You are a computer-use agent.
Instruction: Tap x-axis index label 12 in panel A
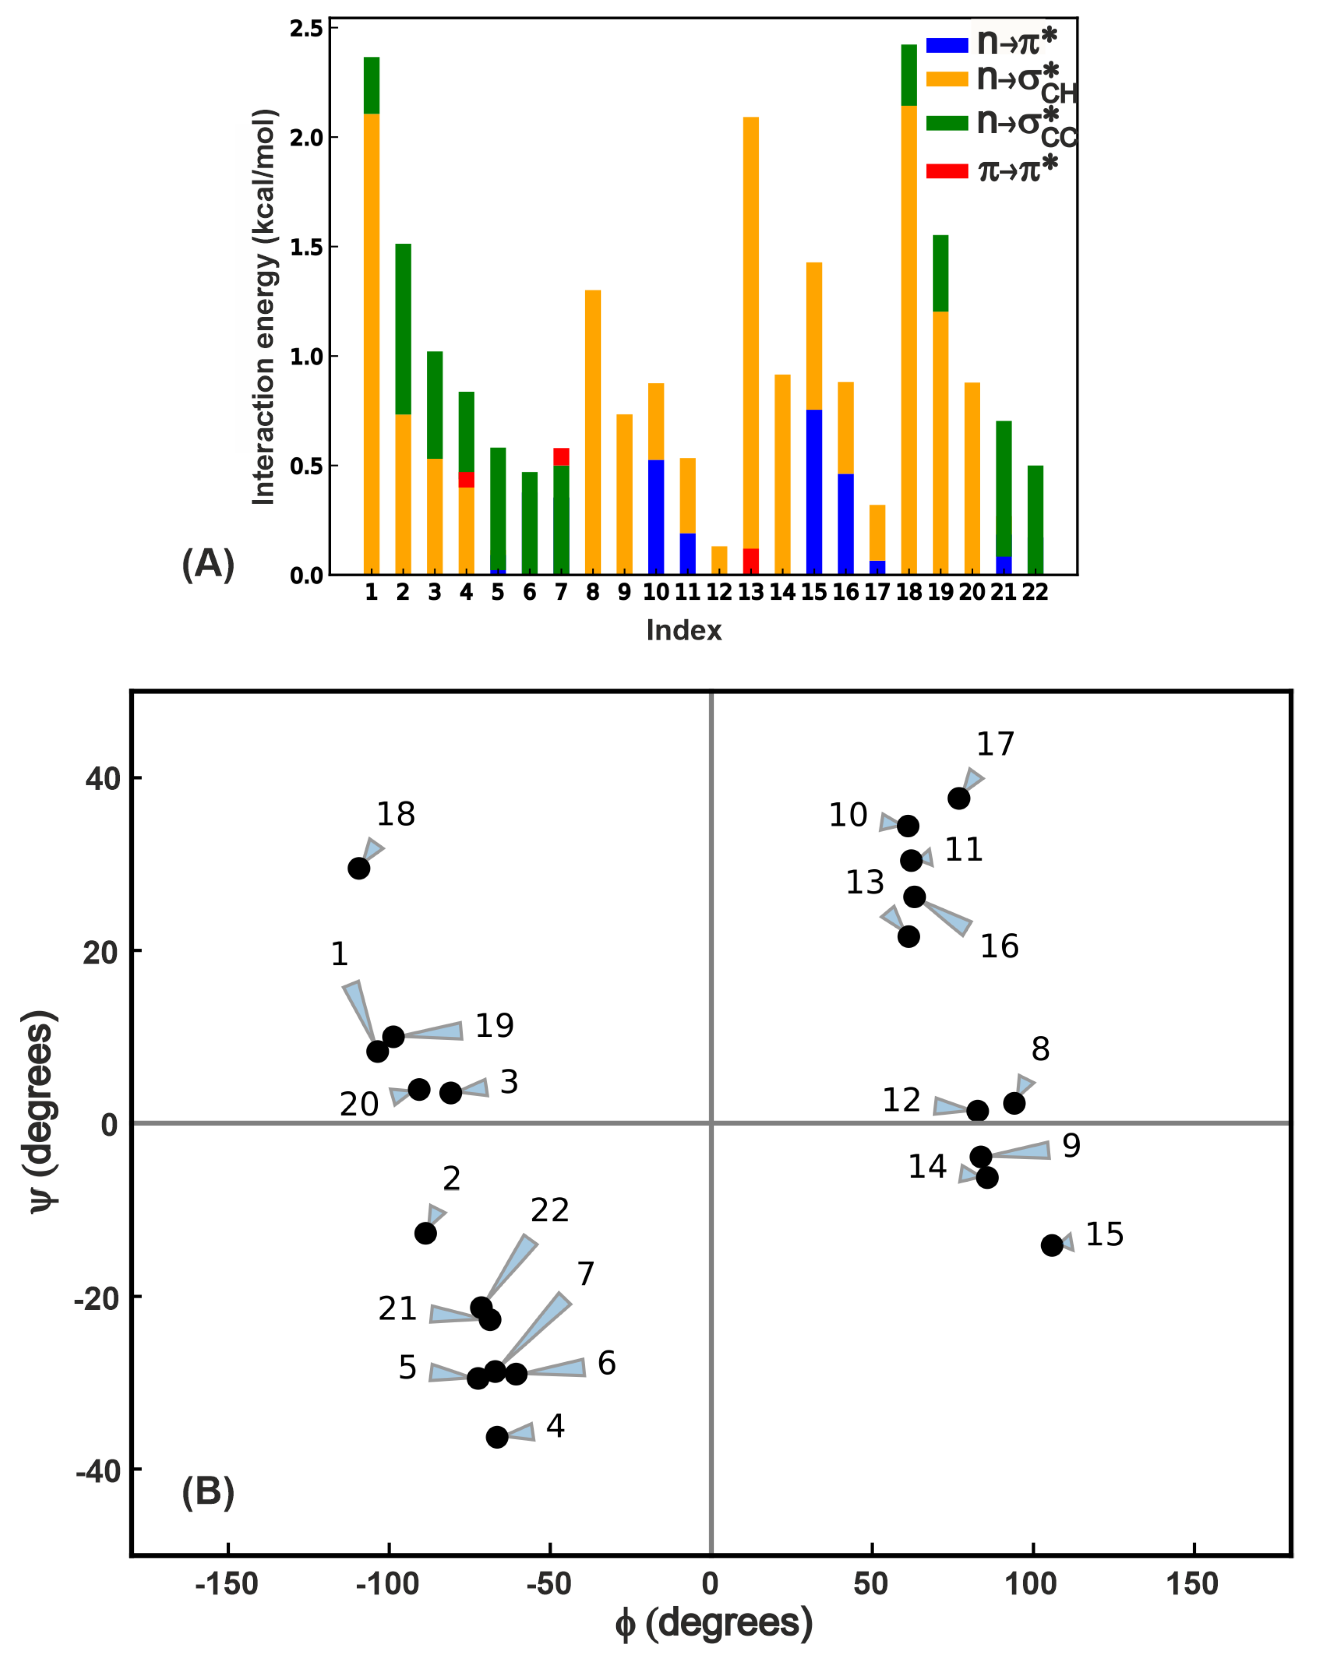coord(718,592)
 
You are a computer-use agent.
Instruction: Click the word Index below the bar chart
coord(684,630)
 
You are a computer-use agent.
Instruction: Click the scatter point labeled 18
coord(358,868)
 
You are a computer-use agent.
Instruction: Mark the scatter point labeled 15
coord(1052,1245)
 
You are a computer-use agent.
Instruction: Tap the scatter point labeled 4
coord(497,1437)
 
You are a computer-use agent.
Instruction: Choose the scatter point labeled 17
coord(958,798)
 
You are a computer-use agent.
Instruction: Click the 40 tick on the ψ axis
coord(103,778)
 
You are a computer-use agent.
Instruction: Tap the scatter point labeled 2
coord(425,1233)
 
